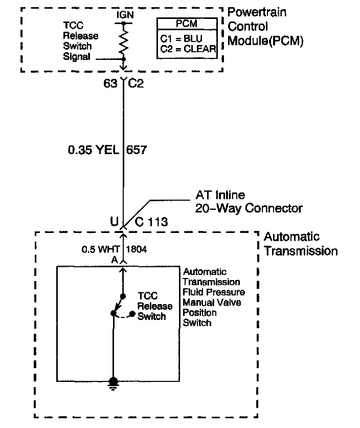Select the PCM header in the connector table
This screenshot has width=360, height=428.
pyautogui.click(x=187, y=23)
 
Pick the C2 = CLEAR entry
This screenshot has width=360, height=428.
pyautogui.click(x=187, y=49)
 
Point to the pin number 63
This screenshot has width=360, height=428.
pyautogui.click(x=110, y=83)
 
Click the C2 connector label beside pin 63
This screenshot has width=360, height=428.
pyautogui.click(x=136, y=83)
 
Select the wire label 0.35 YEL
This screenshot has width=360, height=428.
pyautogui.click(x=93, y=150)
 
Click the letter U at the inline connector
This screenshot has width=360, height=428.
pyautogui.click(x=114, y=222)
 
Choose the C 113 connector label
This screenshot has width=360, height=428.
pyautogui.click(x=151, y=222)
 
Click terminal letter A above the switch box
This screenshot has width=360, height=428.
pyautogui.click(x=115, y=260)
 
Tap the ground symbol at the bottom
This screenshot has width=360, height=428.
pyautogui.click(x=113, y=383)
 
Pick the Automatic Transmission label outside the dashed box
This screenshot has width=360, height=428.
pyautogui.click(x=300, y=244)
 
